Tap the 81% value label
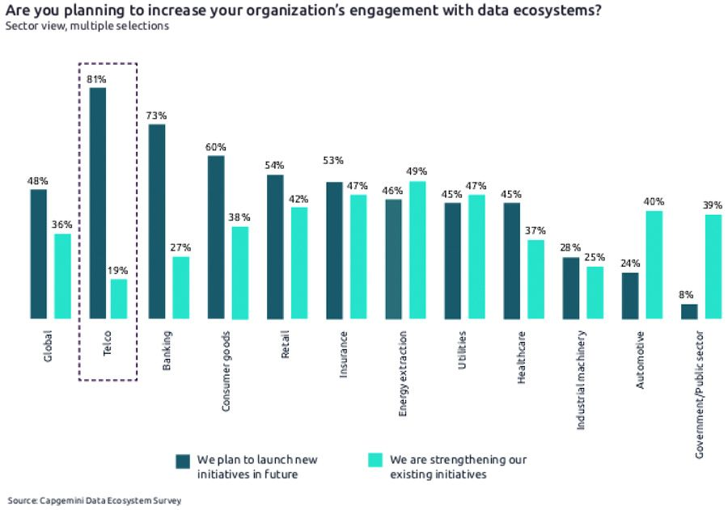coord(97,79)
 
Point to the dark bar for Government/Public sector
coord(689,311)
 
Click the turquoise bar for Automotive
coord(654,265)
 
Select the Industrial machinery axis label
coord(582,379)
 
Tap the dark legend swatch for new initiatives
coord(183,461)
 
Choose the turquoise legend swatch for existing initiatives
coord(375,461)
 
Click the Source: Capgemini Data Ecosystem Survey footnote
coord(95,501)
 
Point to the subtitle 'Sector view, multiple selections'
coord(87,26)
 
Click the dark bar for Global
coord(39,255)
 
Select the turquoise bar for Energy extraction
coord(417,251)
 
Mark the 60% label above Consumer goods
coord(216,147)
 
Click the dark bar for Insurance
coord(334,251)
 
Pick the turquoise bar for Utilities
coord(476,257)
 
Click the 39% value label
coord(713,205)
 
